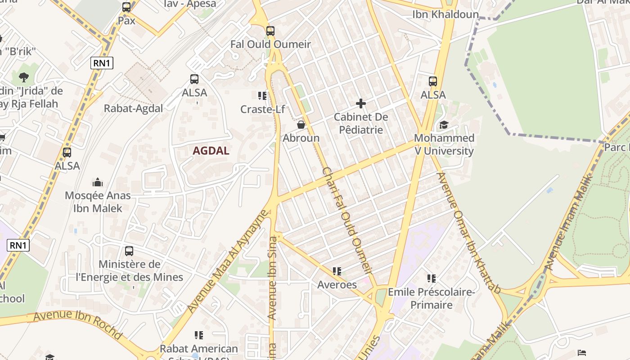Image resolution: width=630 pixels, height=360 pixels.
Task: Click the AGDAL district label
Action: click(x=211, y=151)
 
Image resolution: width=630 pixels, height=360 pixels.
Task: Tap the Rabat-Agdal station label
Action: click(x=133, y=108)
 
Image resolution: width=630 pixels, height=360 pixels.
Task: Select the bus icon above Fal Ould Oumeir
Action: click(x=270, y=31)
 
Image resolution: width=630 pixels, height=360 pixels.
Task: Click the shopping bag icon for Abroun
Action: click(x=301, y=125)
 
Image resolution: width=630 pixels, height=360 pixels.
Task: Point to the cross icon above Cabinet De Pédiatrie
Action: click(x=360, y=104)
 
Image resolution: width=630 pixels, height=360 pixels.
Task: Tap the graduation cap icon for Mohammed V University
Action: click(x=444, y=125)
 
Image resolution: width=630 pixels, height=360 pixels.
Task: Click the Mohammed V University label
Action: click(x=444, y=144)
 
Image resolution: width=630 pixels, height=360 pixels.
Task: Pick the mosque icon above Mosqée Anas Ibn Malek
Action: click(x=98, y=182)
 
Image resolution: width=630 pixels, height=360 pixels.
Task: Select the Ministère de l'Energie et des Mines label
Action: click(x=129, y=270)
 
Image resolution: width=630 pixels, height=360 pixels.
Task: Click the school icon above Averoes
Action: click(x=337, y=271)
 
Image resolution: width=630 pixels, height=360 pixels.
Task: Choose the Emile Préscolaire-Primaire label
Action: click(x=432, y=298)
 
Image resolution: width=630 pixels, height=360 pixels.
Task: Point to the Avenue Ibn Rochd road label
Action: click(x=77, y=324)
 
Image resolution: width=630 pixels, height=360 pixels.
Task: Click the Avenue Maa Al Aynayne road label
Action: click(x=227, y=261)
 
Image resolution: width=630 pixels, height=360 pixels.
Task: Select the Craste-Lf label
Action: click(x=262, y=109)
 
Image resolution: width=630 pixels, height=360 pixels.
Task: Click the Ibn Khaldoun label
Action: click(x=445, y=14)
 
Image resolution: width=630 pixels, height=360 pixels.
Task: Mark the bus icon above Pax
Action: click(x=126, y=7)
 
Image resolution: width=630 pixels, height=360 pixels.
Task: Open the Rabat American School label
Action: click(x=198, y=349)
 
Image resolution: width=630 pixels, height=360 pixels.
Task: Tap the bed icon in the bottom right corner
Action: click(x=582, y=352)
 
